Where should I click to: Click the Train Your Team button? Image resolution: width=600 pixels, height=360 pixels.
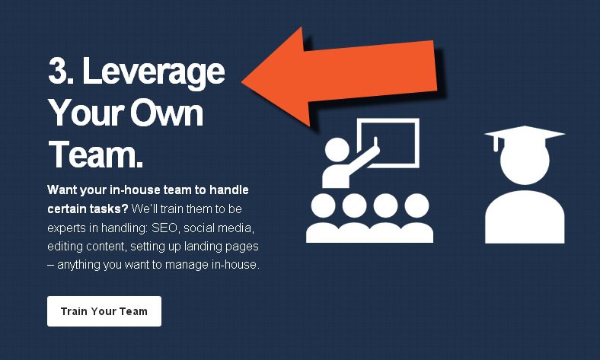104,311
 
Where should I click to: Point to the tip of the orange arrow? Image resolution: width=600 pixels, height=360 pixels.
242,81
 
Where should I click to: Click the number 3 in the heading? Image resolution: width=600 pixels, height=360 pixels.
58,70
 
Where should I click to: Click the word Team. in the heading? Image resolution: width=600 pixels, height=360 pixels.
96,155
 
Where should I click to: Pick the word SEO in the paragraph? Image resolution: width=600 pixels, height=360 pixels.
165,228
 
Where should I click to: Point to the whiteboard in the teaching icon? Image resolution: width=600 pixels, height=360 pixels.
388,142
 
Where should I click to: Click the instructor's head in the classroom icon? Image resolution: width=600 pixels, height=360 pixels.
337,151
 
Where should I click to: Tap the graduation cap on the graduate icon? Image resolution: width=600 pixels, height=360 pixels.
525,134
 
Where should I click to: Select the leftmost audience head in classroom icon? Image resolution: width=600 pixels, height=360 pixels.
324,205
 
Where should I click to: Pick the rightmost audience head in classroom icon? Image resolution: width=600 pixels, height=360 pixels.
416,205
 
